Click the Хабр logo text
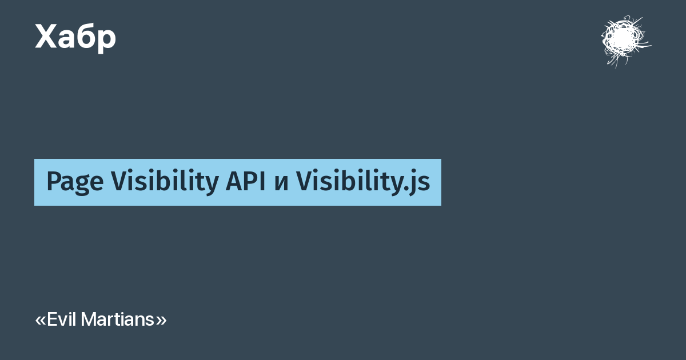75,38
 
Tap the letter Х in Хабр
46,36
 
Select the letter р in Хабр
106,41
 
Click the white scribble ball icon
625,41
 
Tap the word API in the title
245,181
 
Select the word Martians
117,319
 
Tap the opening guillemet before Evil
41,321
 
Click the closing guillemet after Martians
161,321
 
